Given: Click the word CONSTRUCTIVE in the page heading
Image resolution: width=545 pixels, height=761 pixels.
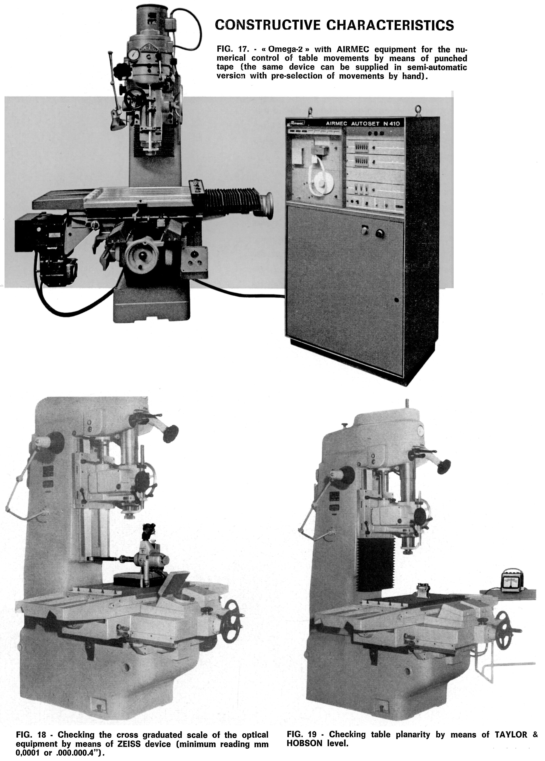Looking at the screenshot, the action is [x=267, y=25].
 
